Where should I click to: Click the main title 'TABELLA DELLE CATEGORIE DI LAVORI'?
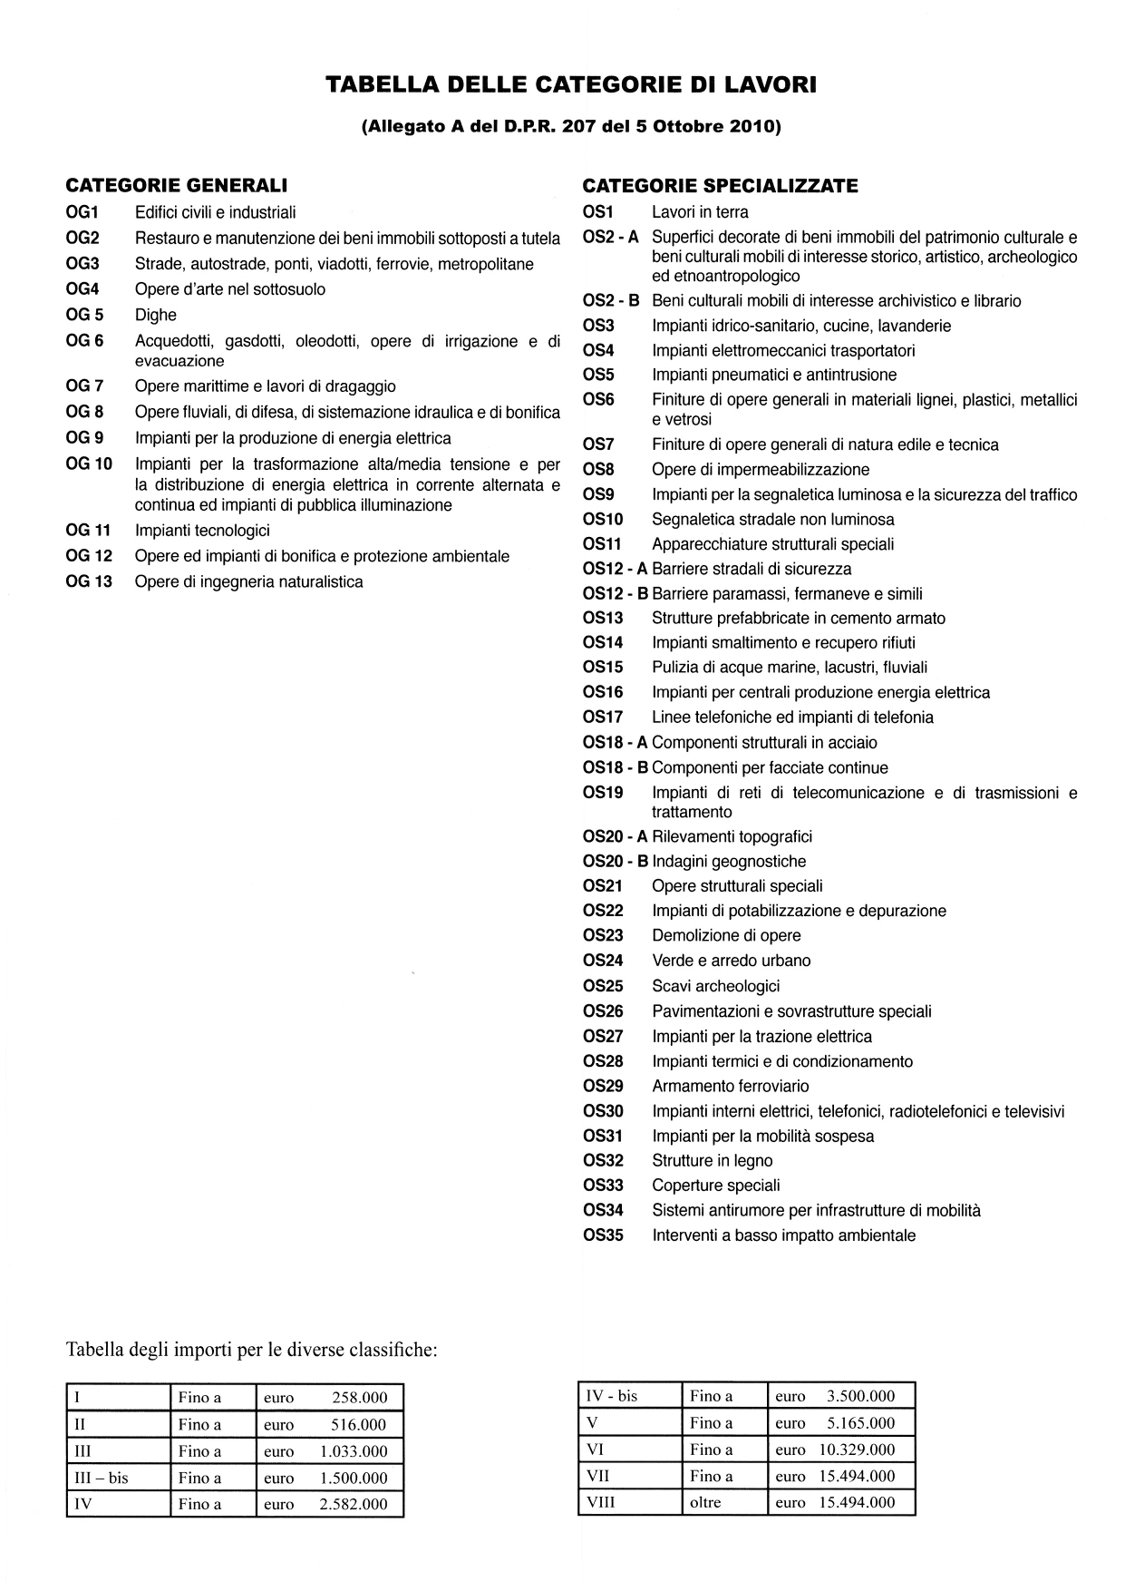(x=571, y=85)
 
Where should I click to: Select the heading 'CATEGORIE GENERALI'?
(x=177, y=186)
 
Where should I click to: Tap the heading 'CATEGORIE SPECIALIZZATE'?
(x=720, y=186)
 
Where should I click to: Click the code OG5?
(x=85, y=315)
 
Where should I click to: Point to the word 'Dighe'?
(x=156, y=315)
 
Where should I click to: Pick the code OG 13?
(x=89, y=581)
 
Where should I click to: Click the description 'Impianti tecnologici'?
(x=202, y=531)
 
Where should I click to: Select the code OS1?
(x=598, y=212)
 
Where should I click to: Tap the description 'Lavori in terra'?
(x=700, y=212)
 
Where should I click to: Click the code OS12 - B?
(x=616, y=594)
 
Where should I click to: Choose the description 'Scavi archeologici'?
(x=715, y=986)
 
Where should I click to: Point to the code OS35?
(x=603, y=1235)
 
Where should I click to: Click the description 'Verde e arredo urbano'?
(x=731, y=961)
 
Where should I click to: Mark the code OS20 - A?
(x=616, y=836)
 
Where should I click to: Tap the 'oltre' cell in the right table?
(x=705, y=1502)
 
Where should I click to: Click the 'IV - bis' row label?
(x=612, y=1396)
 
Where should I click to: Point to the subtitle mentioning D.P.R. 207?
(x=571, y=127)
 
